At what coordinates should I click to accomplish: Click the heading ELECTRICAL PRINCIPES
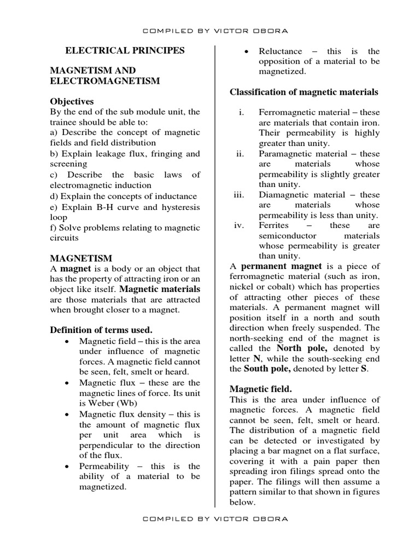tap(125, 50)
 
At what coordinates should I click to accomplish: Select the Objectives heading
tap(72, 101)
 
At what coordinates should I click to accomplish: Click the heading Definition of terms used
tap(101, 330)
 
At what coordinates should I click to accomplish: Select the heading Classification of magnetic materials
tap(304, 91)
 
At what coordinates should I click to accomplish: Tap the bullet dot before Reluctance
tap(247, 51)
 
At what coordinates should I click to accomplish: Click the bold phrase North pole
tap(302, 348)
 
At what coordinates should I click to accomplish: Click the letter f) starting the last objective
tap(54, 227)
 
